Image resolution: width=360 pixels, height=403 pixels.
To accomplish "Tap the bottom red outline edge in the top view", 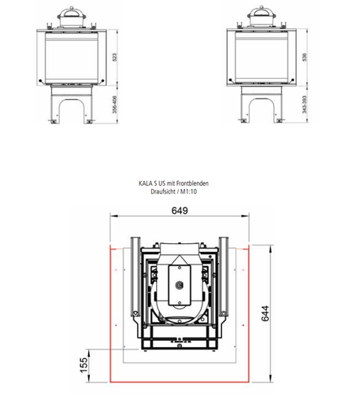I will [x=180, y=381].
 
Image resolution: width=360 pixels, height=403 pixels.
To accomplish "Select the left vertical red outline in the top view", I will [x=109, y=315].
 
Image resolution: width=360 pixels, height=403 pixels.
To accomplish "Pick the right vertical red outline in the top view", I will [x=251, y=315].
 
